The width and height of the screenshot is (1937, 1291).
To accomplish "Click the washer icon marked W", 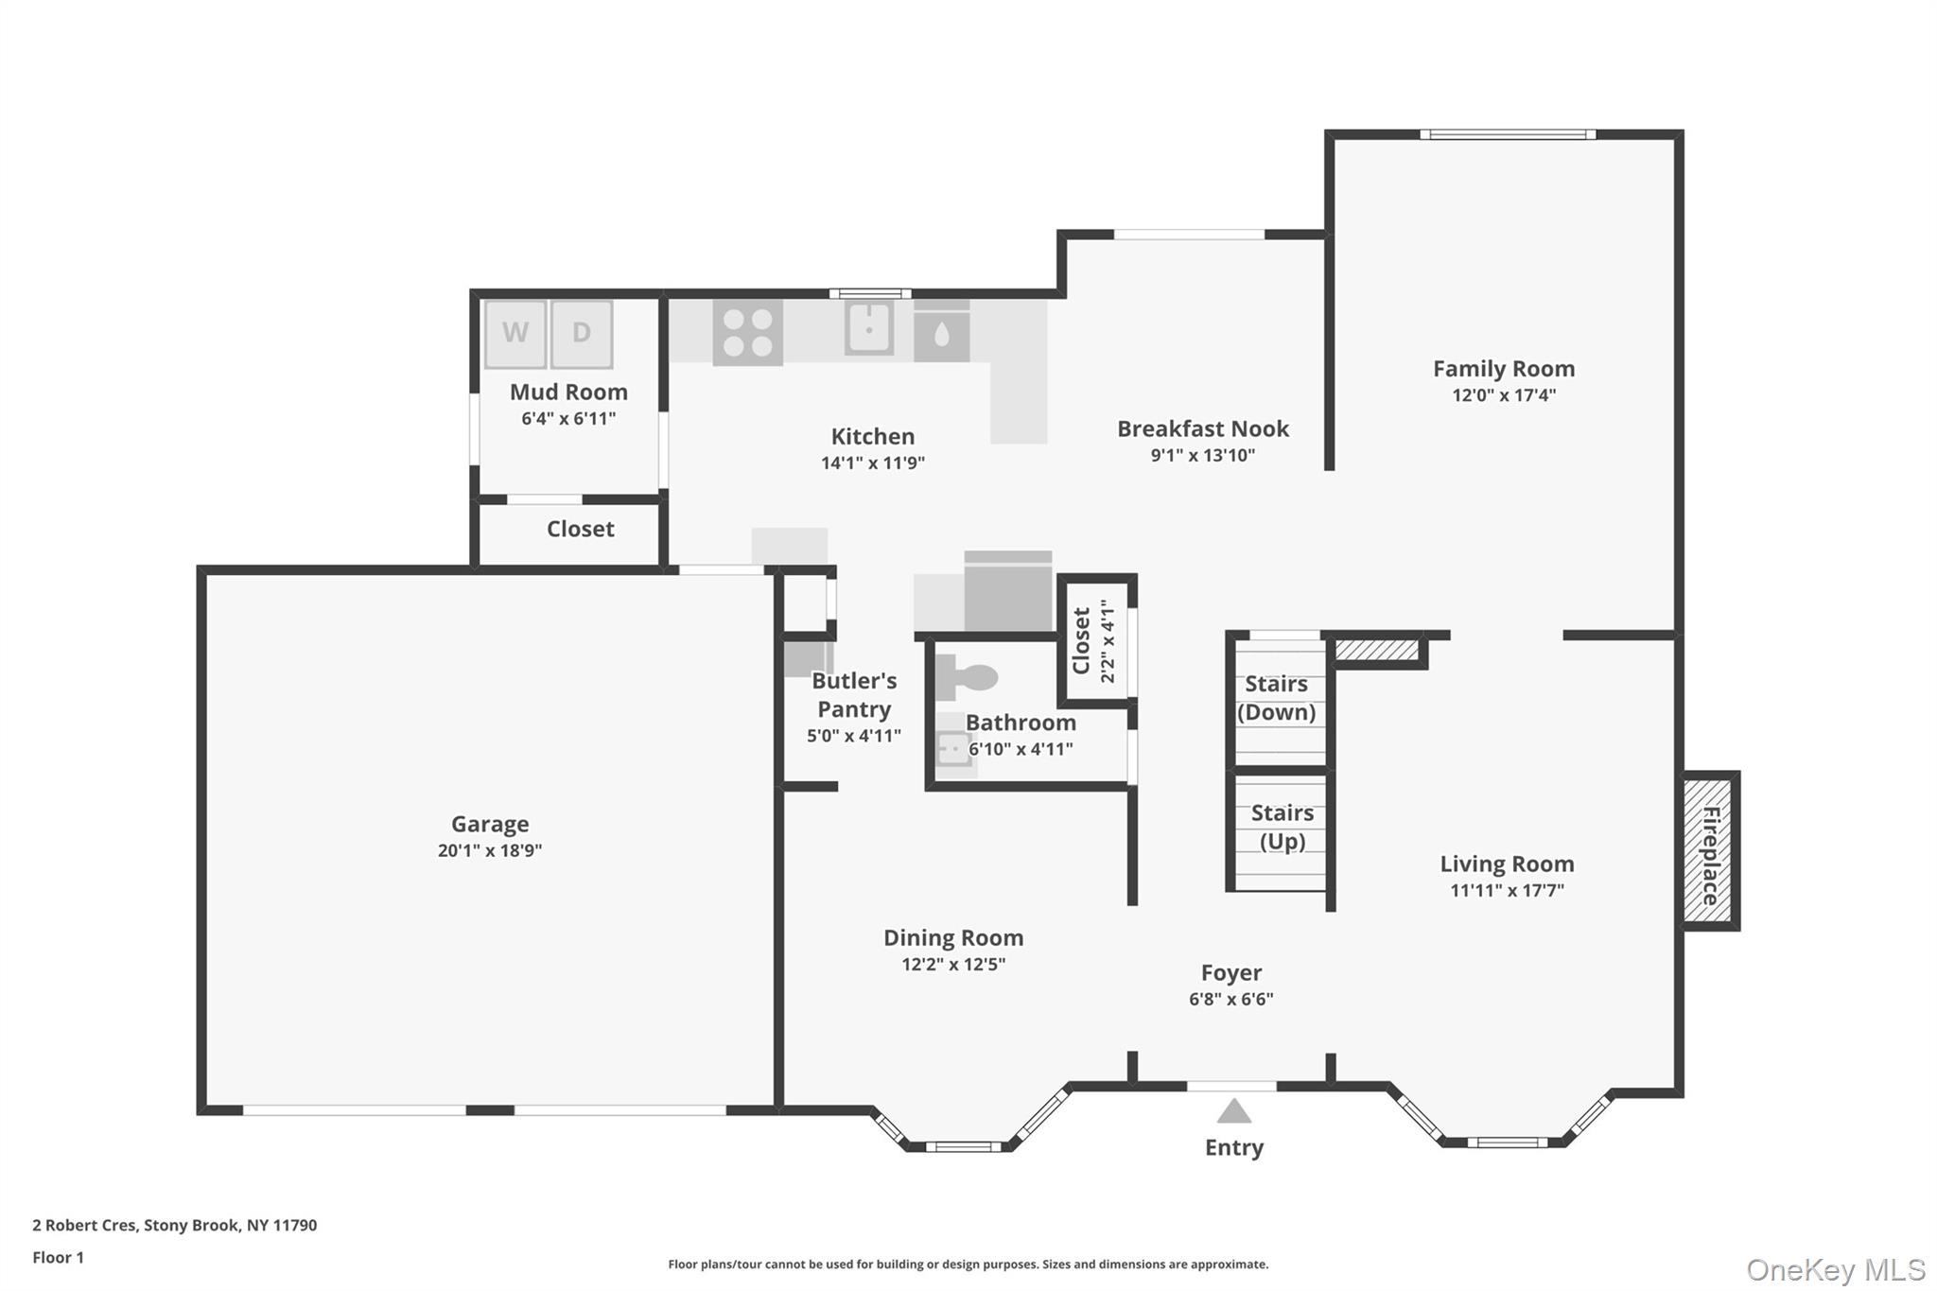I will (x=515, y=333).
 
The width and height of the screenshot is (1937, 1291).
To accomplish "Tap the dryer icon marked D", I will (x=582, y=333).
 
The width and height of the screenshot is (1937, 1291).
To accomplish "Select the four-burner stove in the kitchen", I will (x=747, y=333).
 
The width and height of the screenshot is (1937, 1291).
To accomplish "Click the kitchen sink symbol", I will (x=868, y=327).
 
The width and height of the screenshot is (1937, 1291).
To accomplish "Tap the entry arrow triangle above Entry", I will (x=1233, y=1111).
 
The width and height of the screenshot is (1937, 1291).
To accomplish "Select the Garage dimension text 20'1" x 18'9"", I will (x=490, y=850).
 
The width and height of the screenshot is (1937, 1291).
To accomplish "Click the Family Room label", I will (x=1503, y=369).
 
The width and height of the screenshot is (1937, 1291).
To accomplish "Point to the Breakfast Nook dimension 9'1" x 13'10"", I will (x=1202, y=455).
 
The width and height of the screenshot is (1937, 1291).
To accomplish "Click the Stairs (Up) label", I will (x=1282, y=827).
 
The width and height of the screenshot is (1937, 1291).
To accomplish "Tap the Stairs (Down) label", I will (x=1276, y=698).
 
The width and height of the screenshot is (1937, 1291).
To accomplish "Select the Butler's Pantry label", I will (x=854, y=694).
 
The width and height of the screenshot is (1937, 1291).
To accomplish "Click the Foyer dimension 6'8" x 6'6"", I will (x=1230, y=999).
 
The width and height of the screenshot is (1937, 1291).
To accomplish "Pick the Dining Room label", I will (x=953, y=937).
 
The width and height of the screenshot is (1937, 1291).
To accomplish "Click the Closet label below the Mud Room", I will (x=580, y=529).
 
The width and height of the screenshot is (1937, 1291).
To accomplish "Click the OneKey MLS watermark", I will (x=1835, y=1269).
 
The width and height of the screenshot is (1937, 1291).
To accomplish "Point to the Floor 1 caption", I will (x=58, y=1257).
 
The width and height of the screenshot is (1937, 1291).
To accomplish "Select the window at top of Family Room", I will (x=1507, y=134).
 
